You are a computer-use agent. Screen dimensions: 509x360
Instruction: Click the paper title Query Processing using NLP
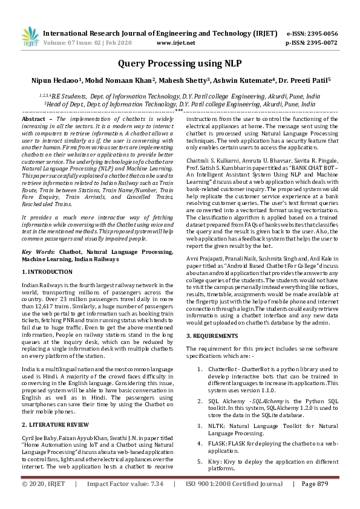coord(180,62)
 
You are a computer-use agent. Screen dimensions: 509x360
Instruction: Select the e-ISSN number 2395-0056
coord(321,34)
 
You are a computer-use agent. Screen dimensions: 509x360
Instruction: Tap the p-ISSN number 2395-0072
coord(321,44)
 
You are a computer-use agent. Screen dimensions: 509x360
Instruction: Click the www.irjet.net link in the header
coord(176,44)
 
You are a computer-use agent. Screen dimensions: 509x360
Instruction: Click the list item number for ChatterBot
coord(200,368)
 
